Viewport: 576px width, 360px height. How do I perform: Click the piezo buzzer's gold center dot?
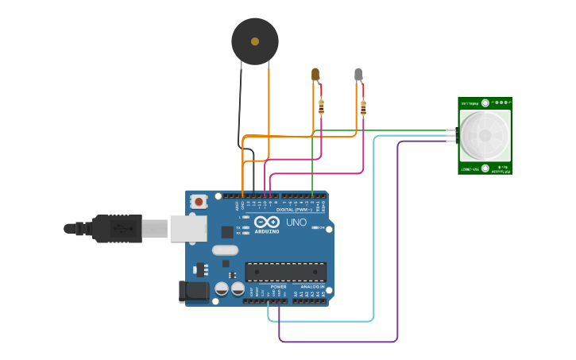tap(255, 41)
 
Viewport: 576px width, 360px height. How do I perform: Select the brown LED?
tap(315, 75)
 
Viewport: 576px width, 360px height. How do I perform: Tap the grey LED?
tap(358, 75)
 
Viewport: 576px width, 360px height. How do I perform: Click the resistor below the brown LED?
tap(321, 105)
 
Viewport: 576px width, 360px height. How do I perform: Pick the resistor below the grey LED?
tap(363, 108)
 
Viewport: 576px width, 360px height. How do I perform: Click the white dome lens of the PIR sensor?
tap(484, 134)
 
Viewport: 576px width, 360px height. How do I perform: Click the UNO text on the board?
tap(296, 223)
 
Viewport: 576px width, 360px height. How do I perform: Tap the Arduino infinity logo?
tap(267, 222)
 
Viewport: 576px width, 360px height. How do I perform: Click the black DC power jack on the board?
tap(194, 292)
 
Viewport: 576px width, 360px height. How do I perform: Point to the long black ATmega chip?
tap(285, 272)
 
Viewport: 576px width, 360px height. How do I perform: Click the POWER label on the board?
tap(278, 286)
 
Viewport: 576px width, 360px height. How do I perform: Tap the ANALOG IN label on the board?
tap(311, 286)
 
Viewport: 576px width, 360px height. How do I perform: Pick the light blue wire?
tap(373, 238)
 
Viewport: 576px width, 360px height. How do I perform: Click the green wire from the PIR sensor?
tap(381, 130)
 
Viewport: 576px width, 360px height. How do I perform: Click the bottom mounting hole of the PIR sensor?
tap(485, 168)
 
